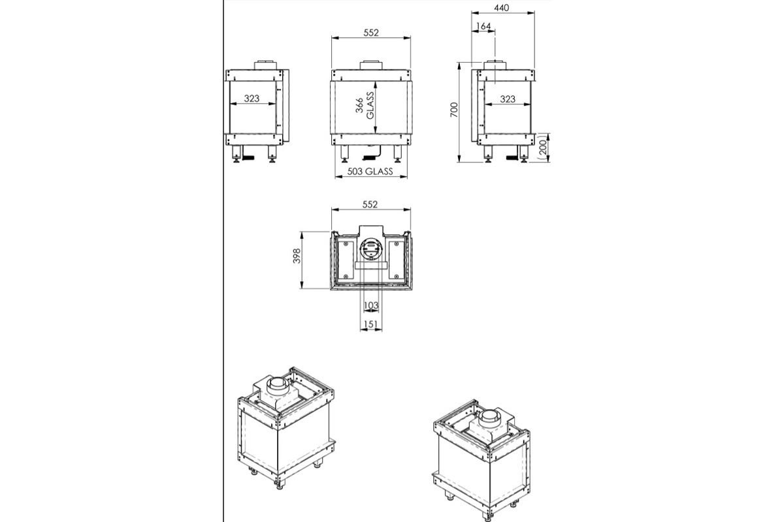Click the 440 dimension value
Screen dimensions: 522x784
tap(501, 8)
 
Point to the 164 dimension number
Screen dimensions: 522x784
tap(484, 26)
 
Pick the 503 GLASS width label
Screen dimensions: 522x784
tap(370, 172)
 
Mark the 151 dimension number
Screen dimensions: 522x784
tap(371, 324)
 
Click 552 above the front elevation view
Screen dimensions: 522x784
tap(370, 32)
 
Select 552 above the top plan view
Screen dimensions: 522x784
tap(370, 204)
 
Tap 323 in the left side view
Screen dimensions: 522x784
tap(252, 99)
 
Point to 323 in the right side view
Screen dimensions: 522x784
tap(508, 99)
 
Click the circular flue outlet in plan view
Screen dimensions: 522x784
tap(370, 250)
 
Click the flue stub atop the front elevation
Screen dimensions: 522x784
tap(372, 65)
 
